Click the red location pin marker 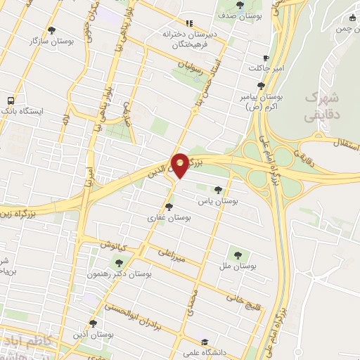tap(181, 165)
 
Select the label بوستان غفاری tap(168, 218)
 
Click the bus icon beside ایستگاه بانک tap(10, 101)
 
